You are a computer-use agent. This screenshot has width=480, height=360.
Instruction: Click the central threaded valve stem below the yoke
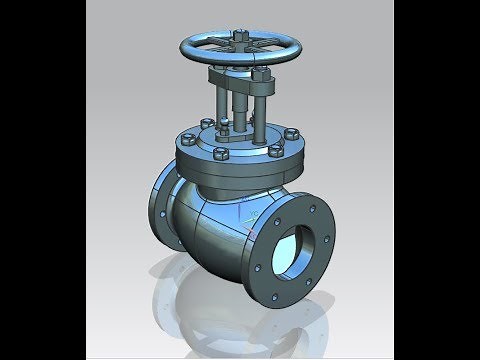[241, 110]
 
